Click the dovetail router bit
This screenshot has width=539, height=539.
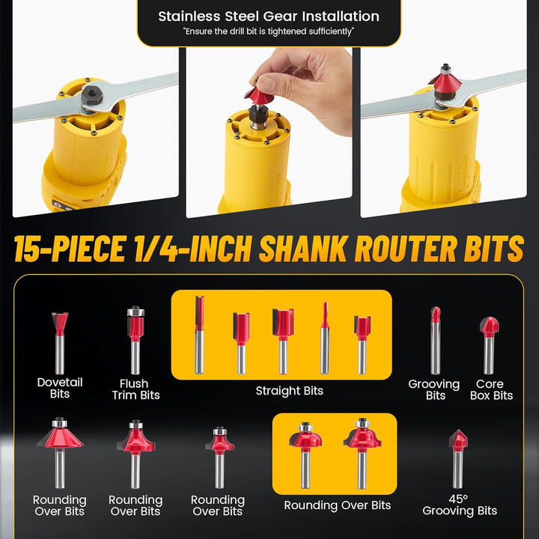(60, 343)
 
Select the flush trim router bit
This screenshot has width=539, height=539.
(135, 341)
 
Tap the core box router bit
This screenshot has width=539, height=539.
(489, 345)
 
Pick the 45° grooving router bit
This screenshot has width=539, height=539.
(458, 459)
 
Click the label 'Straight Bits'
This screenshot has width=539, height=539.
(290, 391)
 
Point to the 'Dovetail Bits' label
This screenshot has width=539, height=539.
(60, 388)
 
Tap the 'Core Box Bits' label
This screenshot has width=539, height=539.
(491, 389)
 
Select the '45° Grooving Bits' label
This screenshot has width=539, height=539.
(460, 505)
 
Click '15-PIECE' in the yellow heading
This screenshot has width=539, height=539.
(70, 249)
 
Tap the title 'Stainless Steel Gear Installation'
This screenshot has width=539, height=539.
(269, 16)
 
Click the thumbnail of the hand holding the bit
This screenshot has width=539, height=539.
(269, 133)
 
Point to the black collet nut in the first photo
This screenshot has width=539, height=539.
(93, 94)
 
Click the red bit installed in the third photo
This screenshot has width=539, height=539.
(445, 82)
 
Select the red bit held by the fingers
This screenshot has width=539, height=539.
(258, 97)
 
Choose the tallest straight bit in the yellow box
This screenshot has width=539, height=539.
(199, 335)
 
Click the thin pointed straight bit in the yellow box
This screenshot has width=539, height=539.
(325, 338)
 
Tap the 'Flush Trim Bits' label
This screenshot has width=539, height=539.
(135, 389)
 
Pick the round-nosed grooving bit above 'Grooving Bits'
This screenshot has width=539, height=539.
(435, 341)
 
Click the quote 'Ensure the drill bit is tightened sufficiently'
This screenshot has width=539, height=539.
(269, 31)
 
